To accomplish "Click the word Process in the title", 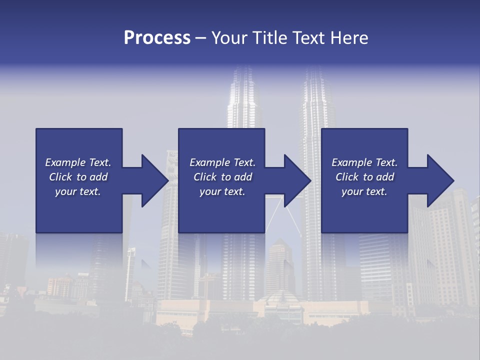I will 157,38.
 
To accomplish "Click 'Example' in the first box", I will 65,162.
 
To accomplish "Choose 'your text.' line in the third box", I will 364,191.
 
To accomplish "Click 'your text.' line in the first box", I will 78,191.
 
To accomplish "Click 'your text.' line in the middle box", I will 222,191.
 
